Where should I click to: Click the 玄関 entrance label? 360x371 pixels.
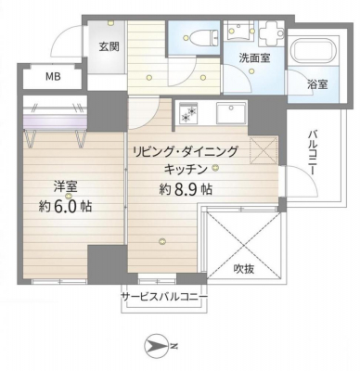(x=109, y=46)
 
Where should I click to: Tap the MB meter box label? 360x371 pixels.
(x=53, y=76)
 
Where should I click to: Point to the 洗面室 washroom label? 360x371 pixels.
(x=254, y=58)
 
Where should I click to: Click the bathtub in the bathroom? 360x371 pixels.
(x=314, y=51)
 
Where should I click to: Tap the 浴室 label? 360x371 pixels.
(x=317, y=83)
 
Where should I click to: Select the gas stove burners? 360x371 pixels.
(x=189, y=113)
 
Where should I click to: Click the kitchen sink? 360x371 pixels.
(x=232, y=113)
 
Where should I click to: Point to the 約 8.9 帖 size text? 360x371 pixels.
(x=186, y=188)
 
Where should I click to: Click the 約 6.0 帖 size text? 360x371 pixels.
(x=65, y=206)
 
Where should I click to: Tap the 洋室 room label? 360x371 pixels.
(x=66, y=186)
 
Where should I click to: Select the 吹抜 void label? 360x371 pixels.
(x=244, y=269)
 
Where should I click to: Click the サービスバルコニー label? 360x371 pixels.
(x=164, y=297)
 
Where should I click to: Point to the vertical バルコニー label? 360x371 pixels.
(x=312, y=153)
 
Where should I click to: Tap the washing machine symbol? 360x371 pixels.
(x=271, y=31)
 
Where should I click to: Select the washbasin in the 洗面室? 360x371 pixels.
(x=240, y=31)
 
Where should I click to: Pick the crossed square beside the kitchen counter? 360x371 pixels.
(x=264, y=150)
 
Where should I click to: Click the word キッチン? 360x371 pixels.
(x=185, y=169)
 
